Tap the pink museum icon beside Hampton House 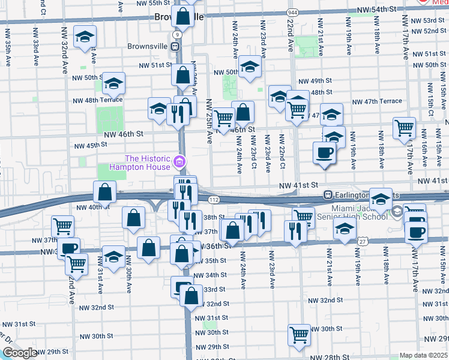[x=179, y=161]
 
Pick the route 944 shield [x=292, y=13]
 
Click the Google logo [x=19, y=353]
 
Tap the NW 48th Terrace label [x=97, y=100]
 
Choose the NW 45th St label [x=90, y=145]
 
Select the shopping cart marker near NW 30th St [x=299, y=335]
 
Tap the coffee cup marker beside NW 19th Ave [x=325, y=152]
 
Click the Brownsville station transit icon [x=175, y=46]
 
